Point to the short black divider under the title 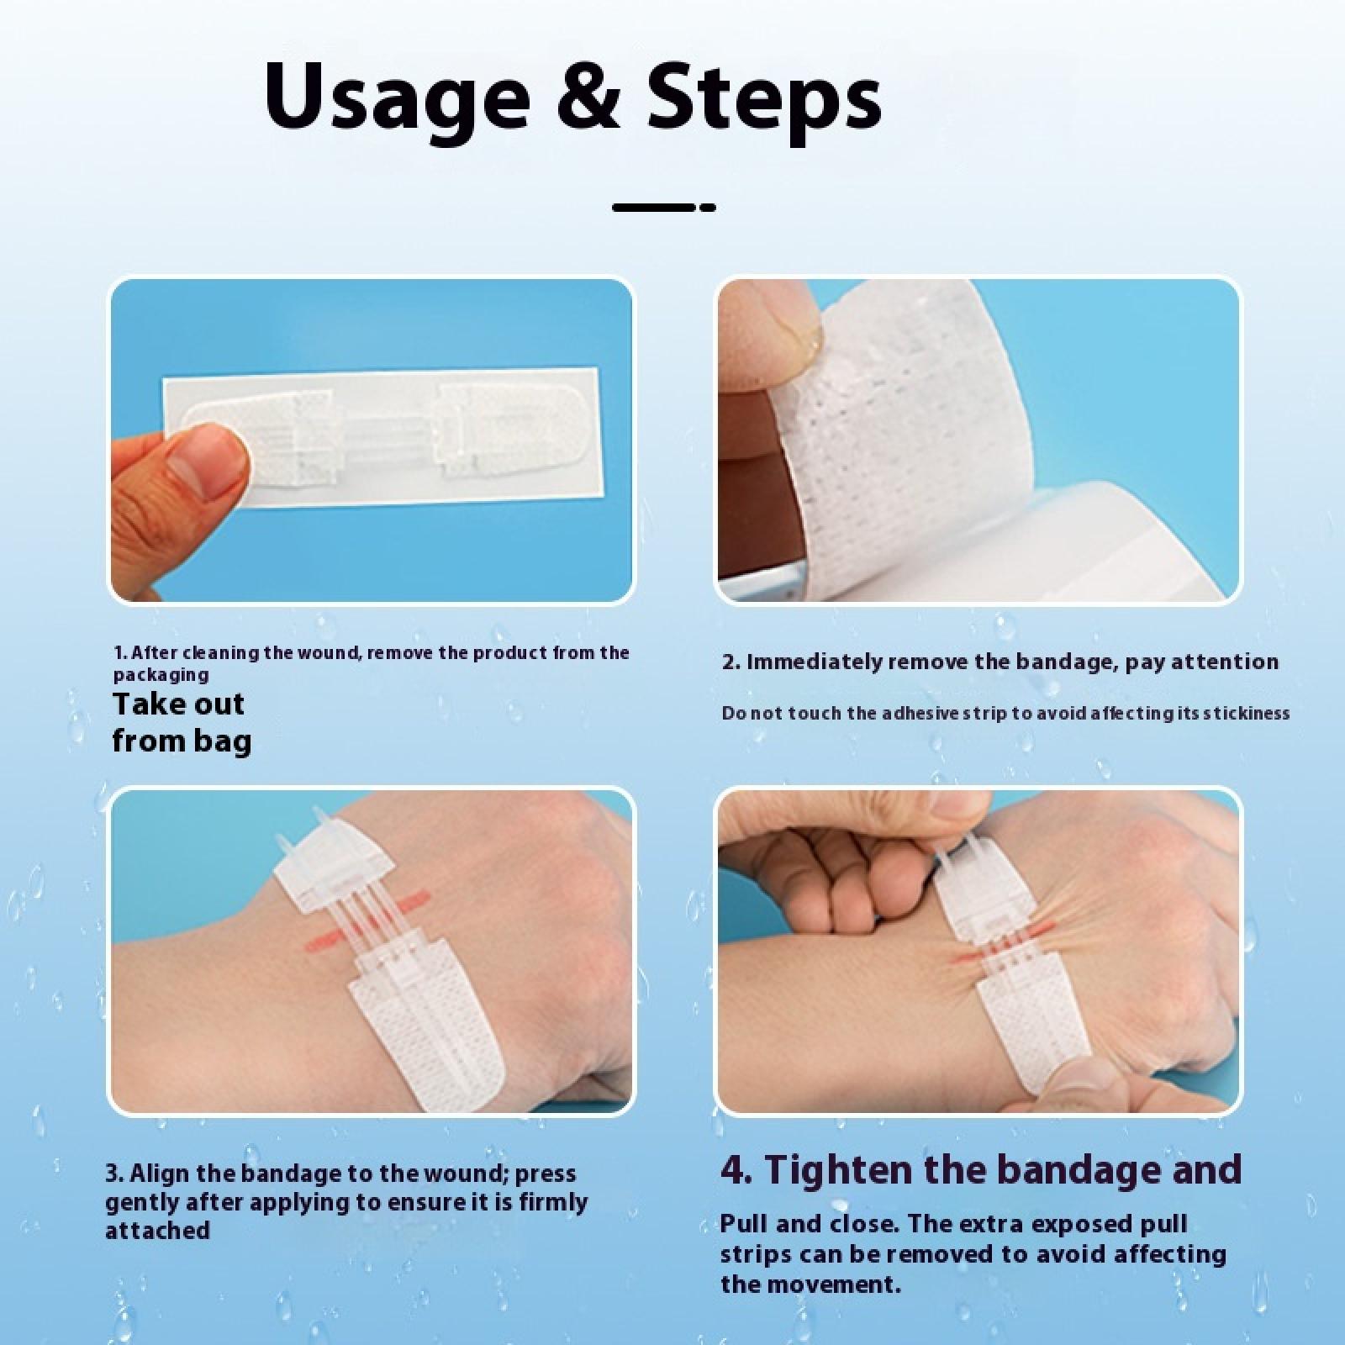point(664,207)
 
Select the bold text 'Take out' point(178,704)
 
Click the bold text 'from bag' point(182,741)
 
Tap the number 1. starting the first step point(121,653)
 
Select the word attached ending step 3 point(157,1231)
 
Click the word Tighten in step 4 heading point(852,1169)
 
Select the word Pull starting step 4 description point(743,1224)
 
